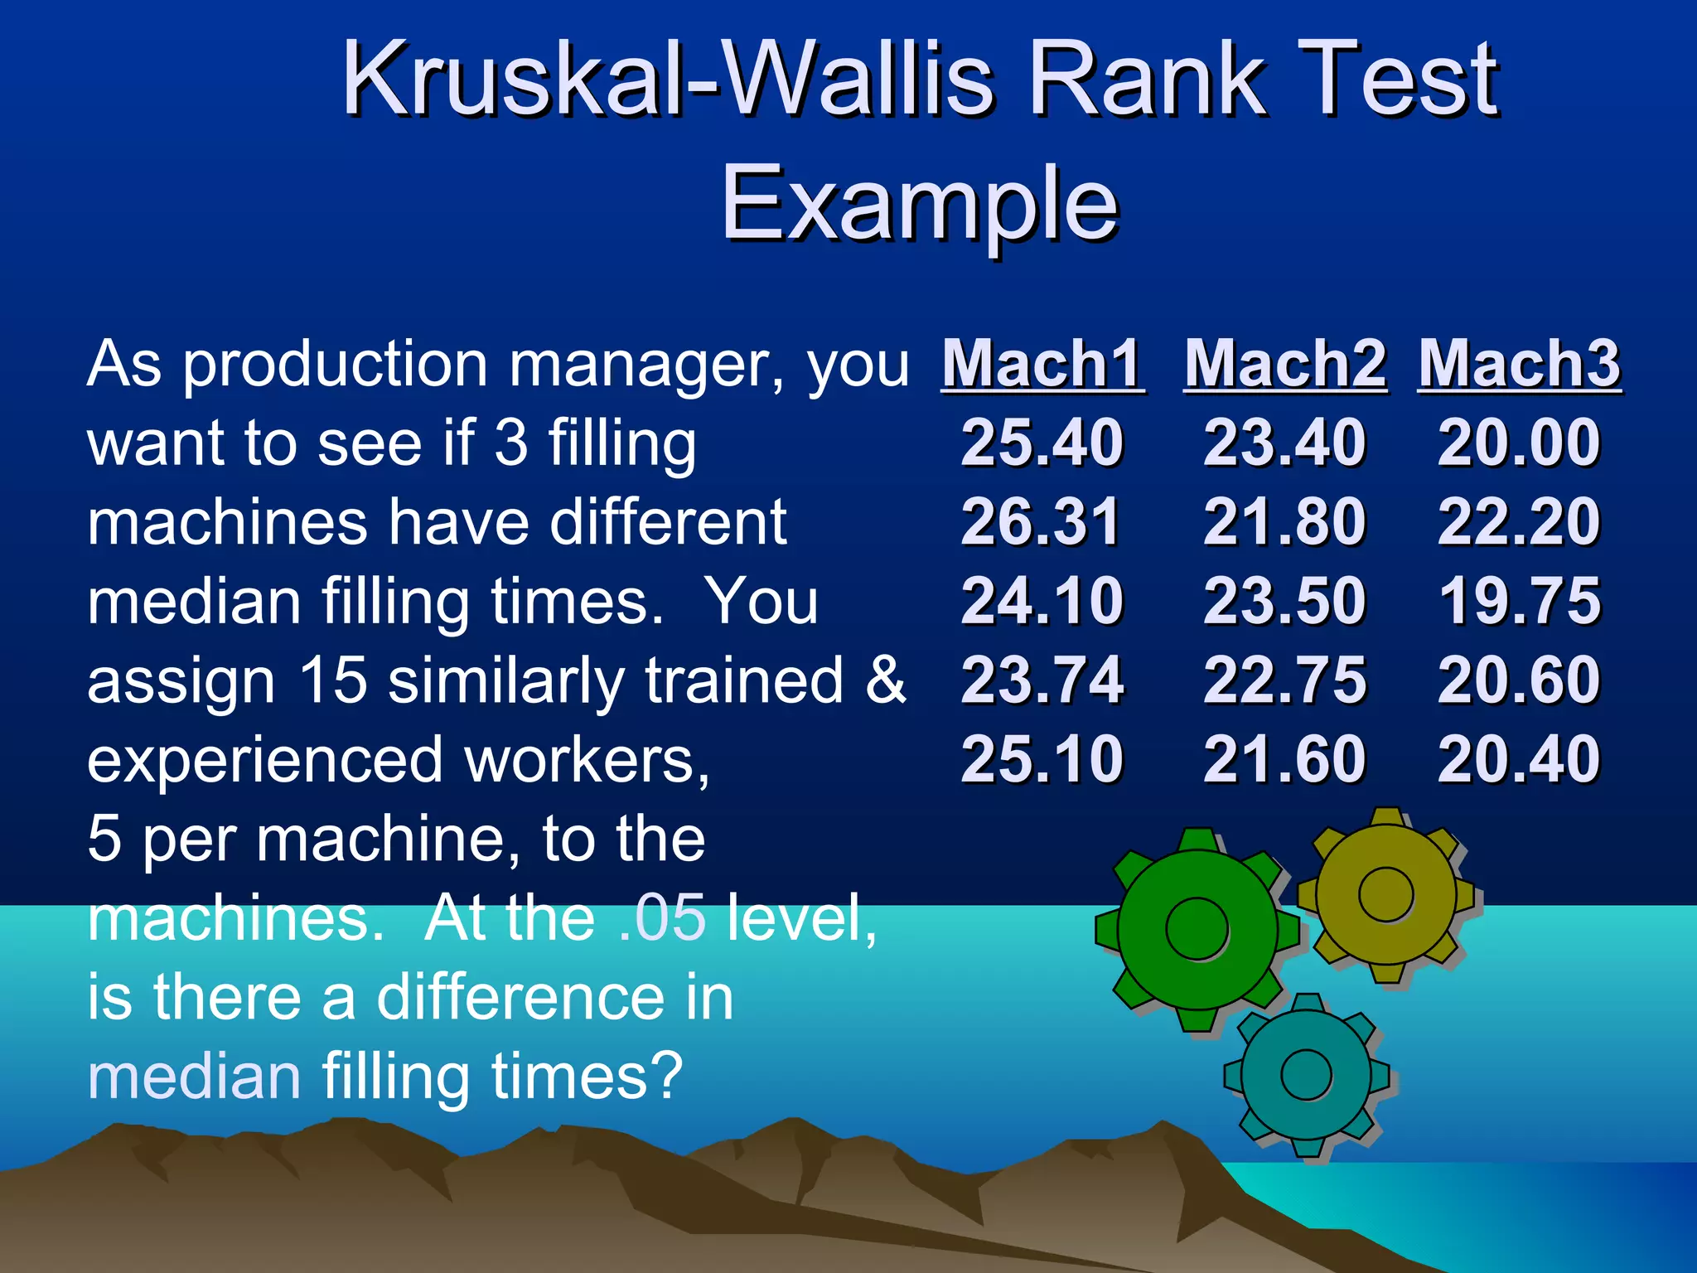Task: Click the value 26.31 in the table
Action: click(x=1041, y=522)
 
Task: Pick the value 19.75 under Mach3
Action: click(x=1520, y=601)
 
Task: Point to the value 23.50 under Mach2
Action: click(x=1284, y=601)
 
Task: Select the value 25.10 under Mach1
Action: click(x=1042, y=759)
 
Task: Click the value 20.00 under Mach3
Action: click(x=1519, y=443)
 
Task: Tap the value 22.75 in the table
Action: click(x=1284, y=680)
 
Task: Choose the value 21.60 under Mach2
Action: click(x=1284, y=759)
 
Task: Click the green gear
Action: click(x=1197, y=929)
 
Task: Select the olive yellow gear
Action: click(x=1386, y=894)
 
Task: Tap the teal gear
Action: click(x=1306, y=1074)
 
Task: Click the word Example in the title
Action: click(x=920, y=203)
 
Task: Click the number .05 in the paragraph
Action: click(x=662, y=918)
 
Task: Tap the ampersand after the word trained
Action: click(x=886, y=680)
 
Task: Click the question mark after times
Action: click(x=668, y=1076)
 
